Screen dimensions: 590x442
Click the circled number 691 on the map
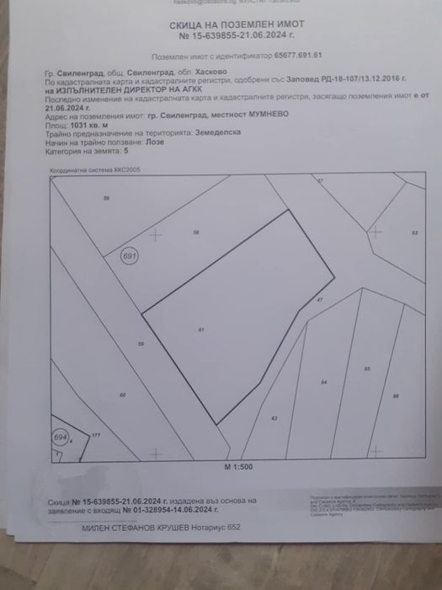pyautogui.click(x=129, y=255)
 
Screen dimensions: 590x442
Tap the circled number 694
pyautogui.click(x=59, y=437)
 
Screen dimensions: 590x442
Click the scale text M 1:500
pyautogui.click(x=239, y=466)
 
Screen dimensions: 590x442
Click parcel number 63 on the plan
pyautogui.click(x=274, y=418)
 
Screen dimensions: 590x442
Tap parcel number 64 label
pyautogui.click(x=323, y=382)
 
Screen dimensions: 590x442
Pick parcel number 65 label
pyautogui.click(x=367, y=369)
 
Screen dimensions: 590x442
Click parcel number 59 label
pyautogui.click(x=141, y=344)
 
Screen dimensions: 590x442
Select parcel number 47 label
pyautogui.click(x=319, y=301)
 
